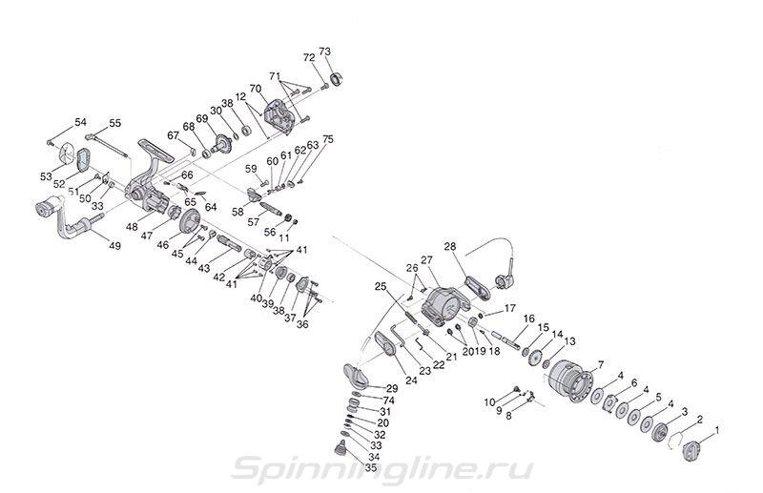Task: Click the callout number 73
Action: coord(324,51)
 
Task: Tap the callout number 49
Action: coord(114,246)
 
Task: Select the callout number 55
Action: coord(114,123)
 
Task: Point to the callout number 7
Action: coord(601,364)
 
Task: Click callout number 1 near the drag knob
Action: coord(716,430)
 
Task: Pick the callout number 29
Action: coord(392,388)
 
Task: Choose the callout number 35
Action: coord(371,467)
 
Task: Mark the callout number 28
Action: coord(450,247)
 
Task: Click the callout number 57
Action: coord(253,222)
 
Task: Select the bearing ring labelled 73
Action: coord(337,77)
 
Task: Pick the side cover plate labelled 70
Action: coord(278,116)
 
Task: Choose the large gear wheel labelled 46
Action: coord(190,223)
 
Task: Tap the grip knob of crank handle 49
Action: coord(50,206)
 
